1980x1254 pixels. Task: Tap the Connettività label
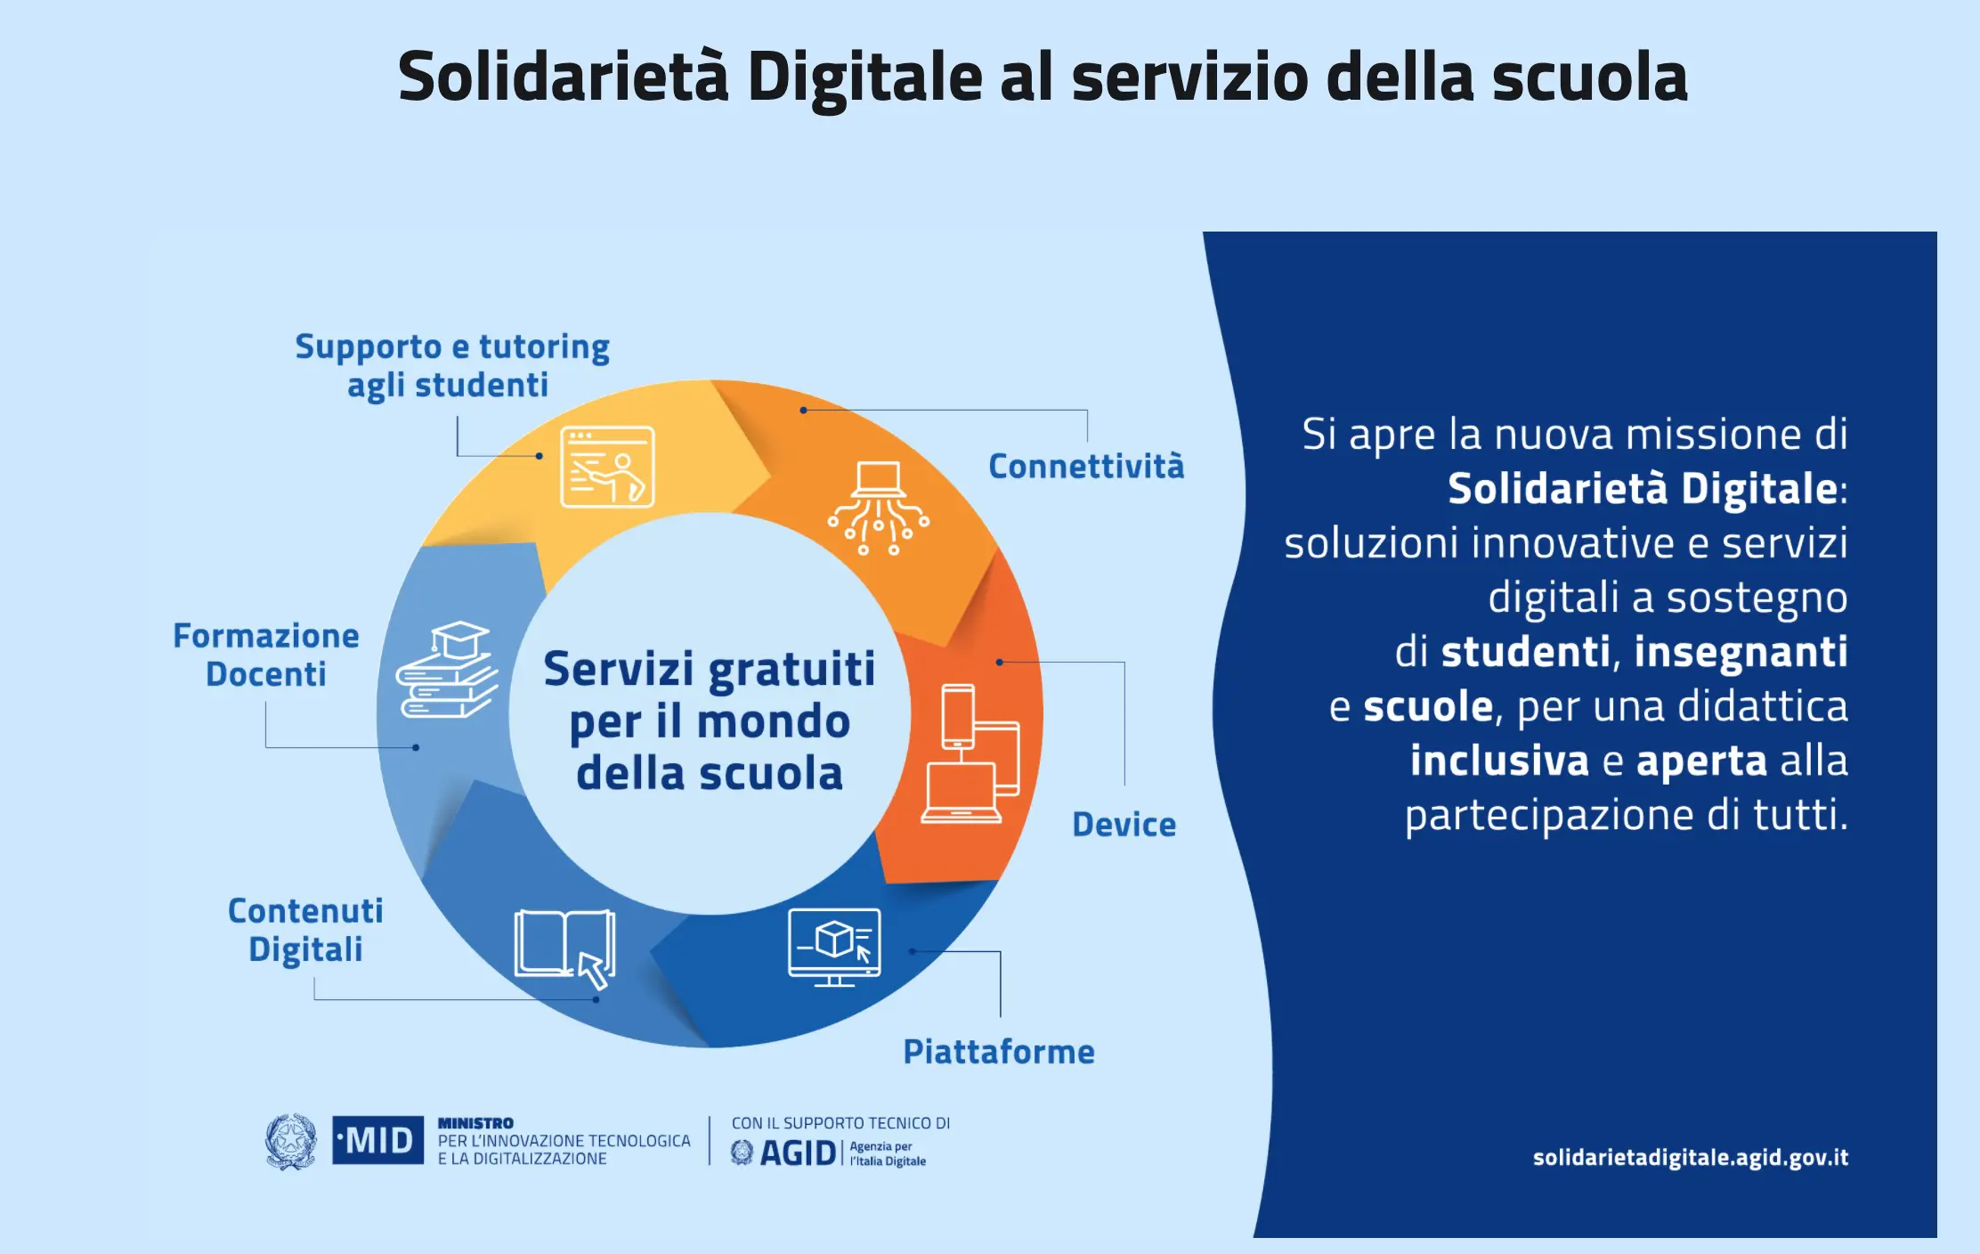(1086, 466)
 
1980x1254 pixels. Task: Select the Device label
(1124, 824)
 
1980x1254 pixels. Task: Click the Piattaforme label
(998, 1051)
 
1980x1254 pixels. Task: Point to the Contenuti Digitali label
(305, 930)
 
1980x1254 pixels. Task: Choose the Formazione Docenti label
(266, 655)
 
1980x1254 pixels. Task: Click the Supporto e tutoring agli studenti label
(452, 366)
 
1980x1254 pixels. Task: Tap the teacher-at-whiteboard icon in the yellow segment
(607, 467)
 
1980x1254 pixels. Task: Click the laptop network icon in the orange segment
(879, 508)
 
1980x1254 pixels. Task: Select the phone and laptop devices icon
(970, 753)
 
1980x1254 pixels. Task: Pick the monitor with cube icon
(834, 947)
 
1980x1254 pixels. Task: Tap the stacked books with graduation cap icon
(447, 670)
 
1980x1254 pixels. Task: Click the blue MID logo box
(377, 1140)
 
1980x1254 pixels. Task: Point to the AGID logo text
(798, 1153)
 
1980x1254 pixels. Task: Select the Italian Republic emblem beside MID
(290, 1141)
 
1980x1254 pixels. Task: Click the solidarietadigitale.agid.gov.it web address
(1690, 1157)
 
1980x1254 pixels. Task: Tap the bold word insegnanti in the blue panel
(1741, 652)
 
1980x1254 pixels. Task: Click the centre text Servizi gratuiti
(710, 670)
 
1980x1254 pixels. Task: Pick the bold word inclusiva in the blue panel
(1499, 761)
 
